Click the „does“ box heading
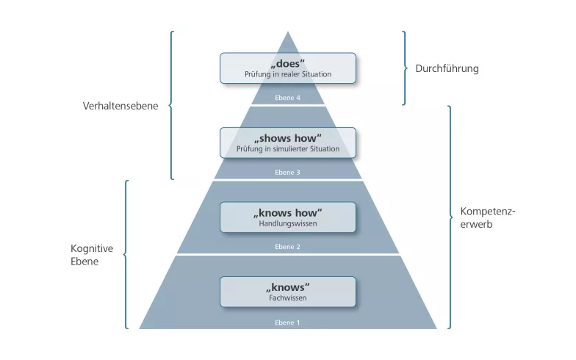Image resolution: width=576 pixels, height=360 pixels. point(288,63)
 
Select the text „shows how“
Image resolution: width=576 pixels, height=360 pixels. point(288,138)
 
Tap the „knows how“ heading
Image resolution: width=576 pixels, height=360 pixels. point(288,213)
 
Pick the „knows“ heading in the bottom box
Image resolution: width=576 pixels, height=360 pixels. point(288,287)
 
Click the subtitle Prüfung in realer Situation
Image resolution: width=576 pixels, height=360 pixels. point(288,74)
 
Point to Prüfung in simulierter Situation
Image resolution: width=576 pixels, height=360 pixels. point(288,148)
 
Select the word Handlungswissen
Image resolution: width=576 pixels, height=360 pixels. point(288,223)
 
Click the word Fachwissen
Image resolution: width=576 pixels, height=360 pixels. point(288,298)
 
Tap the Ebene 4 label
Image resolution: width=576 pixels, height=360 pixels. point(288,98)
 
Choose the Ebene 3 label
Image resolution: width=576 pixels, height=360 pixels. point(288,172)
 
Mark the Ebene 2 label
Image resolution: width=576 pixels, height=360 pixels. point(288,247)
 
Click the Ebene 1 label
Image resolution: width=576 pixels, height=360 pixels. point(288,323)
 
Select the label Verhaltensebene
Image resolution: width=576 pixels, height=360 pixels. point(120,106)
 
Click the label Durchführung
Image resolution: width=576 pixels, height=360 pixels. point(447,69)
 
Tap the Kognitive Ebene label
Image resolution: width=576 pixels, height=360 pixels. point(92,255)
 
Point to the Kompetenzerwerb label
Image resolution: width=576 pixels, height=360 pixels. point(488,217)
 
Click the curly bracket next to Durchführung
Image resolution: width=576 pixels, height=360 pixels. point(406,68)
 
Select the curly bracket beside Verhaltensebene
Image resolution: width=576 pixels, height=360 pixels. point(170,106)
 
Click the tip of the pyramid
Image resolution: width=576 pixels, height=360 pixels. point(288,32)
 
